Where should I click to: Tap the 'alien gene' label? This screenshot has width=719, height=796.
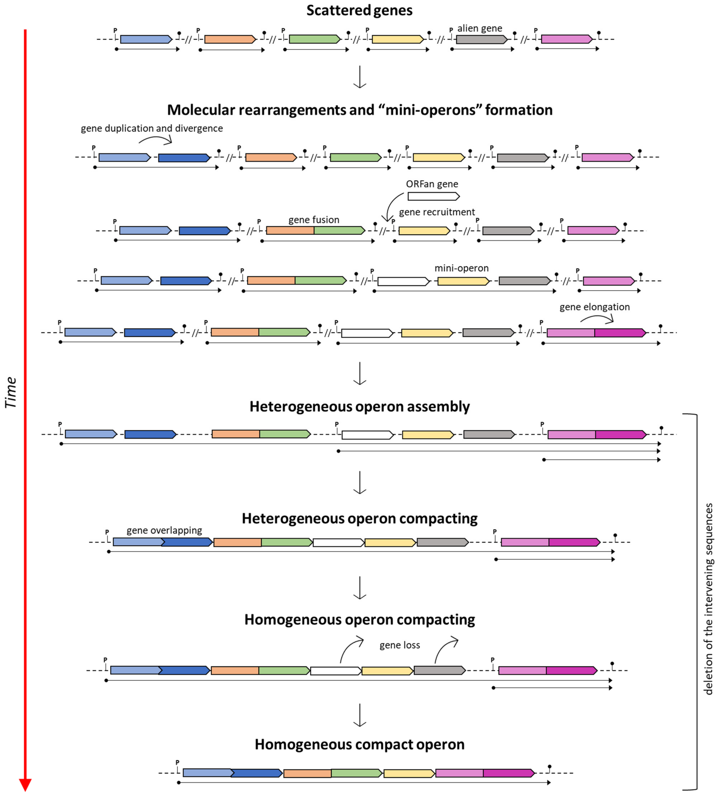(480, 28)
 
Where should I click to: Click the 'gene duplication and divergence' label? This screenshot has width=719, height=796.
(152, 128)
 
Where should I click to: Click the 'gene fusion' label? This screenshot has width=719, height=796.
(314, 220)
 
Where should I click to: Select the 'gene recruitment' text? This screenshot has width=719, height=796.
(437, 212)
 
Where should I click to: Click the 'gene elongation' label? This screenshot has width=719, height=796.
(594, 307)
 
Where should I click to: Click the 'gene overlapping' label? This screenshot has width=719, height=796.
(164, 530)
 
